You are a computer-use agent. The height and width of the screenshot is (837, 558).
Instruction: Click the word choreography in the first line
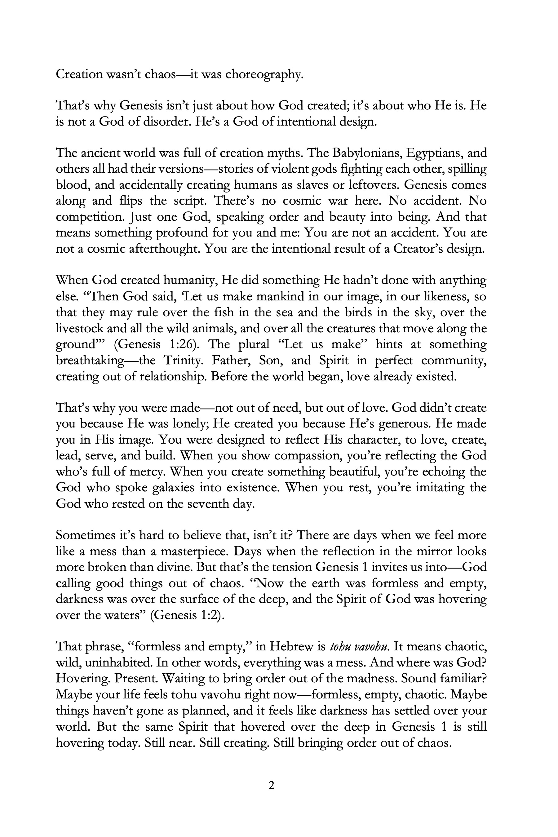(x=264, y=74)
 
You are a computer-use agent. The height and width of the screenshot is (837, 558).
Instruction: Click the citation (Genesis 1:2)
(x=188, y=615)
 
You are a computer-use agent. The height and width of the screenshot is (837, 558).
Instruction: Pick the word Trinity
(x=184, y=361)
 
